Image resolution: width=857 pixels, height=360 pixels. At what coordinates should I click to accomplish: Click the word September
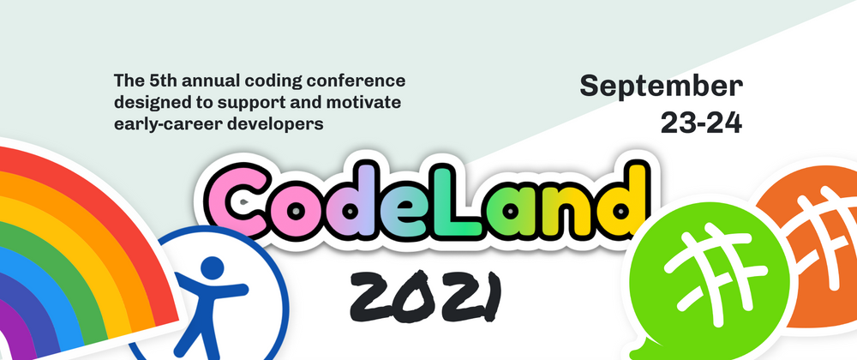661,86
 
